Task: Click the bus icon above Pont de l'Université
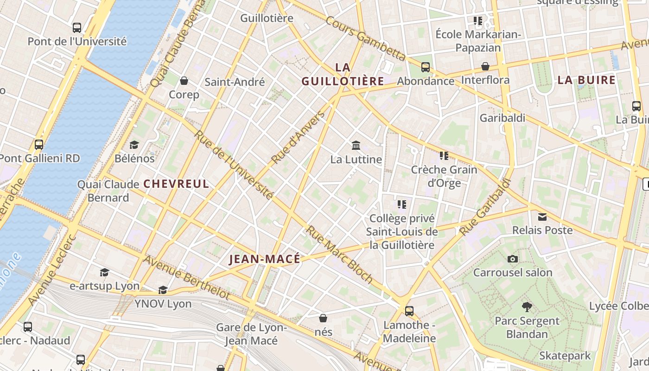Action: pos(77,28)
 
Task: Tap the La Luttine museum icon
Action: pos(356,146)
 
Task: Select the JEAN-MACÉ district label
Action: pos(265,259)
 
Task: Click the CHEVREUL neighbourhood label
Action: pos(176,184)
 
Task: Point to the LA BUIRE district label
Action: pos(586,80)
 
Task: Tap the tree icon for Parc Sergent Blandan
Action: pos(527,307)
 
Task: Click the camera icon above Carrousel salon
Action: pos(512,259)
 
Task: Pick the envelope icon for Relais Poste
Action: pos(542,217)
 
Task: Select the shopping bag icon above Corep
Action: pos(184,81)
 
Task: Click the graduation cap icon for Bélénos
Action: pos(134,145)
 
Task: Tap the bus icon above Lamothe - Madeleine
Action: pos(409,311)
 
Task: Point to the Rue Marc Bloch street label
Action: pos(339,255)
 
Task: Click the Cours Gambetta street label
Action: pos(365,39)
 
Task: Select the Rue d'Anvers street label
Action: pos(299,137)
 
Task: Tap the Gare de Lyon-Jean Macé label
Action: pos(251,334)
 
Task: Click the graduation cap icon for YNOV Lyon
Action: pos(163,290)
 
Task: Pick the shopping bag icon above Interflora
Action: pos(485,66)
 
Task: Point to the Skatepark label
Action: pos(565,356)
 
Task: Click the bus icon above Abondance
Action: pos(425,67)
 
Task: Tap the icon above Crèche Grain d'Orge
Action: pos(444,156)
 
